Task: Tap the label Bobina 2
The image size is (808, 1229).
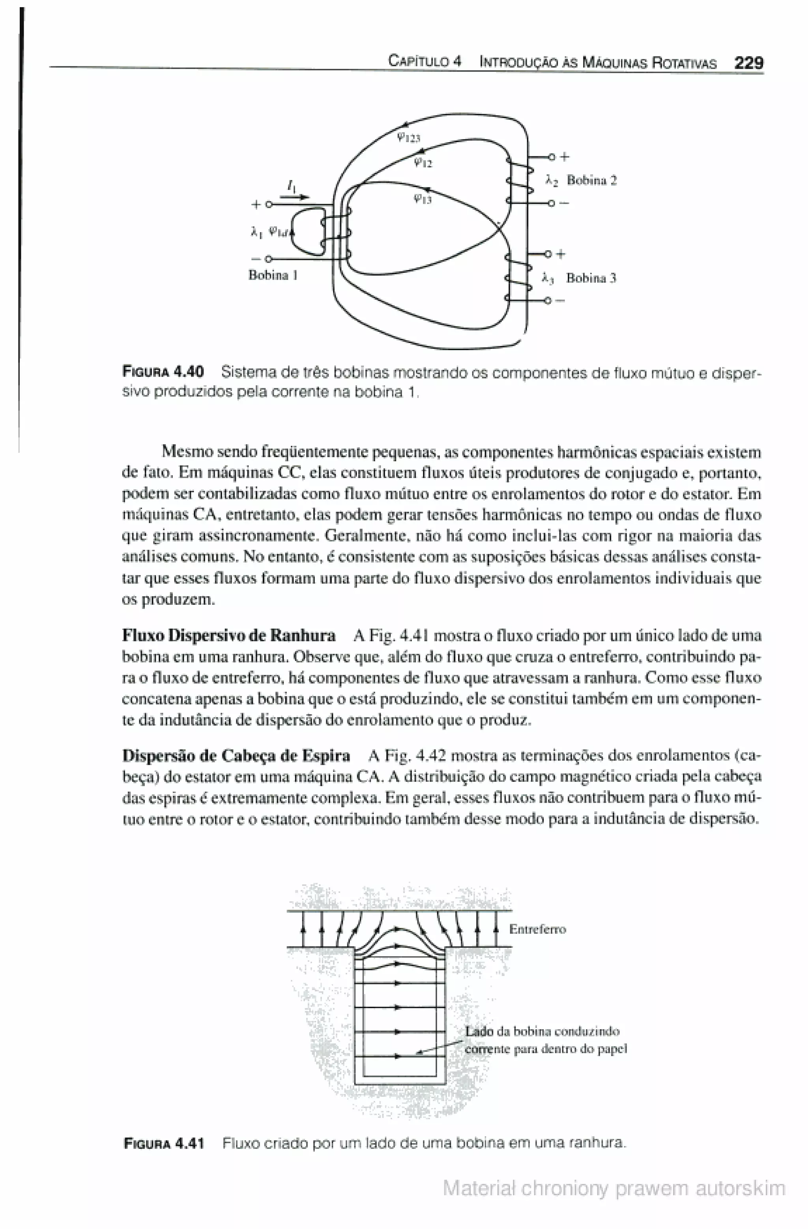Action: pos(591,180)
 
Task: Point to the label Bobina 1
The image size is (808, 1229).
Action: pos(273,275)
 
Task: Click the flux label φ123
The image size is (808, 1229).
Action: pos(409,137)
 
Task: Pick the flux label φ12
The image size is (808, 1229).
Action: pos(423,163)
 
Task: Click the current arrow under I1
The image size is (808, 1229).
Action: pos(294,197)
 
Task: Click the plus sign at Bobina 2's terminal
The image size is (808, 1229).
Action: pos(565,156)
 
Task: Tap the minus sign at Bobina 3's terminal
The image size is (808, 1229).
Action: pos(561,300)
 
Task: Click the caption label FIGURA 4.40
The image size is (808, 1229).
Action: pos(163,371)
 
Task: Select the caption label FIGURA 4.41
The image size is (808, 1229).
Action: pos(164,1143)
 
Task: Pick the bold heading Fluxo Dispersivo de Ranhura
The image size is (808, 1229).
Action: pos(228,635)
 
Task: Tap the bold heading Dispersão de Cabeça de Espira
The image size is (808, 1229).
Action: pos(236,756)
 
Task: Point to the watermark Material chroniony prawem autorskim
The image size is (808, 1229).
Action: pos(613,1188)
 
